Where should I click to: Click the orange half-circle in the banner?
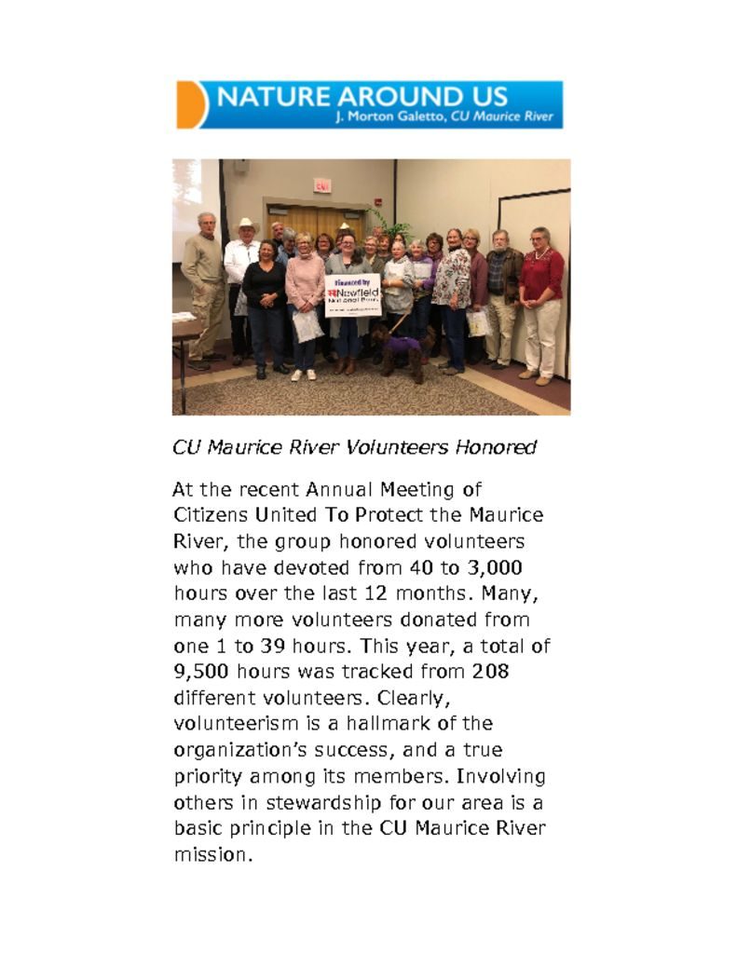pyautogui.click(x=190, y=104)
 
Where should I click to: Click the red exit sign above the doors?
pyautogui.click(x=321, y=185)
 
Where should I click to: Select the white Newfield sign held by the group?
pyautogui.click(x=353, y=295)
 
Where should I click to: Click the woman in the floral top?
pyautogui.click(x=453, y=293)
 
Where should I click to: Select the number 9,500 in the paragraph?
pyautogui.click(x=202, y=671)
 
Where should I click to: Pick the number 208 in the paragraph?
pyautogui.click(x=490, y=671)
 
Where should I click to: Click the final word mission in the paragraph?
pyautogui.click(x=213, y=854)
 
